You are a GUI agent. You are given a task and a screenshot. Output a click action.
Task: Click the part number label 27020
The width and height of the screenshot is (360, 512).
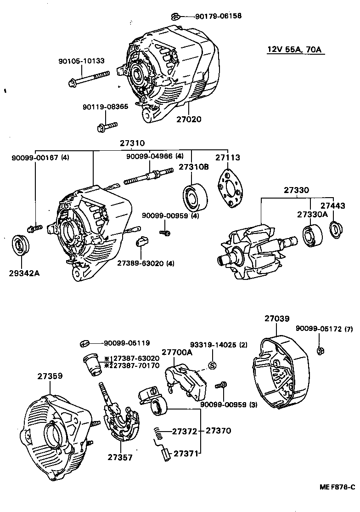[189, 119]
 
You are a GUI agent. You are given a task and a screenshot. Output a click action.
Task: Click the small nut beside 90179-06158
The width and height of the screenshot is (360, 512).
[175, 17]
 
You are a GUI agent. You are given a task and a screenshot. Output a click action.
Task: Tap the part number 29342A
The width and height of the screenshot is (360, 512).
[24, 273]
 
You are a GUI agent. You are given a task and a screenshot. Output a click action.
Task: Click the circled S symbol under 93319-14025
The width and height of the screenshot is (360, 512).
[212, 365]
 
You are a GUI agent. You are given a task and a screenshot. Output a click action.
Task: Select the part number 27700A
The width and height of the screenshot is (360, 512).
[177, 353]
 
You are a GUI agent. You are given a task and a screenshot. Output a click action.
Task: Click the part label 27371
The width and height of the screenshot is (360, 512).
[186, 453]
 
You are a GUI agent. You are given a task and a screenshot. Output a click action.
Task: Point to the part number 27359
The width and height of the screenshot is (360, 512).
[51, 376]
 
